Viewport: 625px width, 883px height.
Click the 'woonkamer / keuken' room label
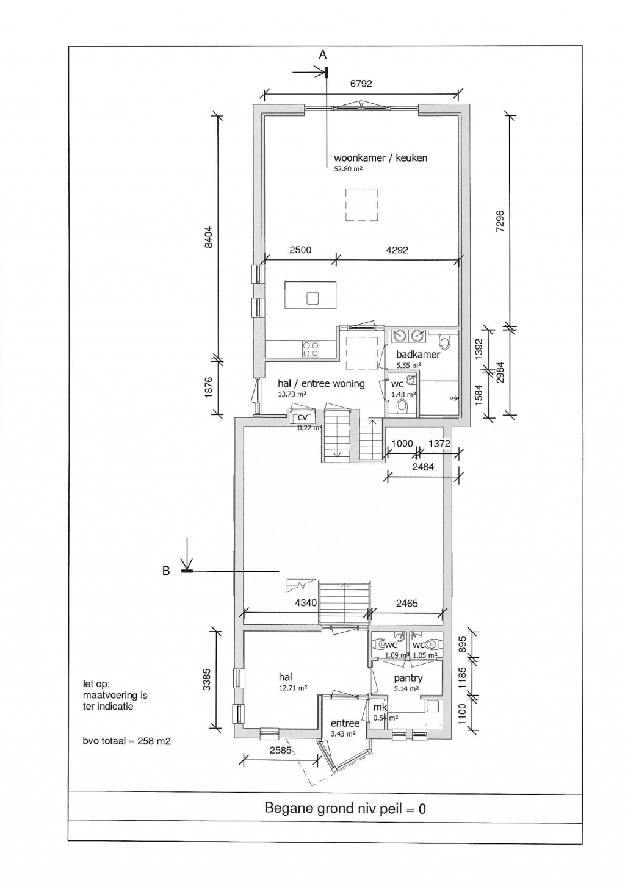click(380, 158)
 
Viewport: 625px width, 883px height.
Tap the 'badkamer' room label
click(418, 355)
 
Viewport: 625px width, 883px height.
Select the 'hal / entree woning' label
click(321, 384)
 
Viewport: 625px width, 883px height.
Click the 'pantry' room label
click(408, 678)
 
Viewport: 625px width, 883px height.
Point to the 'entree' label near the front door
click(345, 723)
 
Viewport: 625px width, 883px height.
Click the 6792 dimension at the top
click(361, 84)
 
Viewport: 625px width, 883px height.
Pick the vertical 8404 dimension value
click(209, 237)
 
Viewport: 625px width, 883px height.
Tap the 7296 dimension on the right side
click(500, 221)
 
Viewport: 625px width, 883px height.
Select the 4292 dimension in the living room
click(397, 250)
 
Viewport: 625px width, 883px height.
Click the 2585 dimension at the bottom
click(281, 750)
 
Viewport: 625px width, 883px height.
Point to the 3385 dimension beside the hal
click(207, 680)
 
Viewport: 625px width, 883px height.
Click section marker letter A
click(323, 55)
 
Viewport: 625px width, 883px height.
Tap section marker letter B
click(165, 572)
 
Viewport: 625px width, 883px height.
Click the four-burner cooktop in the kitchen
click(310, 348)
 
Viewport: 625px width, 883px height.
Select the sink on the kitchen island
click(312, 298)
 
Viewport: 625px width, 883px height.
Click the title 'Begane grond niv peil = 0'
click(345, 809)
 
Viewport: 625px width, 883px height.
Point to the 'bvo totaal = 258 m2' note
click(127, 741)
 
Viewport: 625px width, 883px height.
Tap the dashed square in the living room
click(361, 204)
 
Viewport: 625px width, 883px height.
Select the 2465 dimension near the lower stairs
click(407, 603)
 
